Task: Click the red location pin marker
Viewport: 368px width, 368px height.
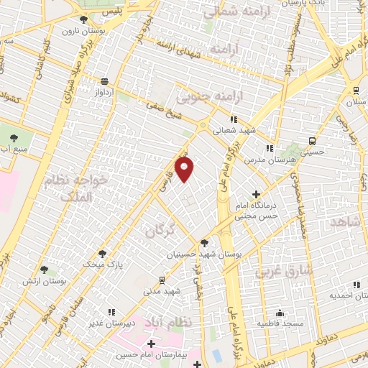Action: pos(185,170)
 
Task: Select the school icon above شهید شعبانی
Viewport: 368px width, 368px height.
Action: pos(232,120)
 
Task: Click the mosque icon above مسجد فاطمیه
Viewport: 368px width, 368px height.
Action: pos(280,313)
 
